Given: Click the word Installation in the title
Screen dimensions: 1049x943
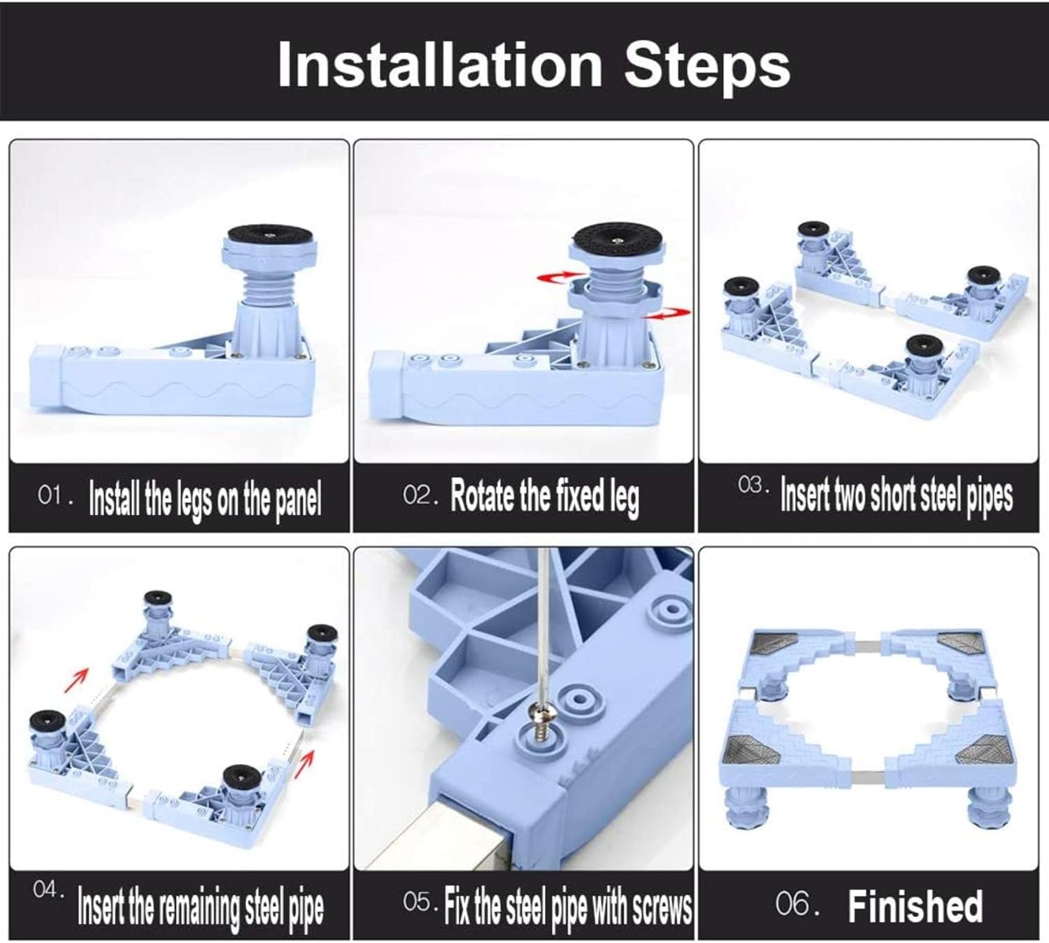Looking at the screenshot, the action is coord(440,65).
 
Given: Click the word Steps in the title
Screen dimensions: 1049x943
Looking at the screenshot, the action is coord(707,69).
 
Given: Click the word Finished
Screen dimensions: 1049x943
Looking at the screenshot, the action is coord(915,906).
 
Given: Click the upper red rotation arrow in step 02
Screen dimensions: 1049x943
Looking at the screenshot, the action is coord(555,277).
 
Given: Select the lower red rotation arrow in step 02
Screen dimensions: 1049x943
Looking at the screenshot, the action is coord(669,313).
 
